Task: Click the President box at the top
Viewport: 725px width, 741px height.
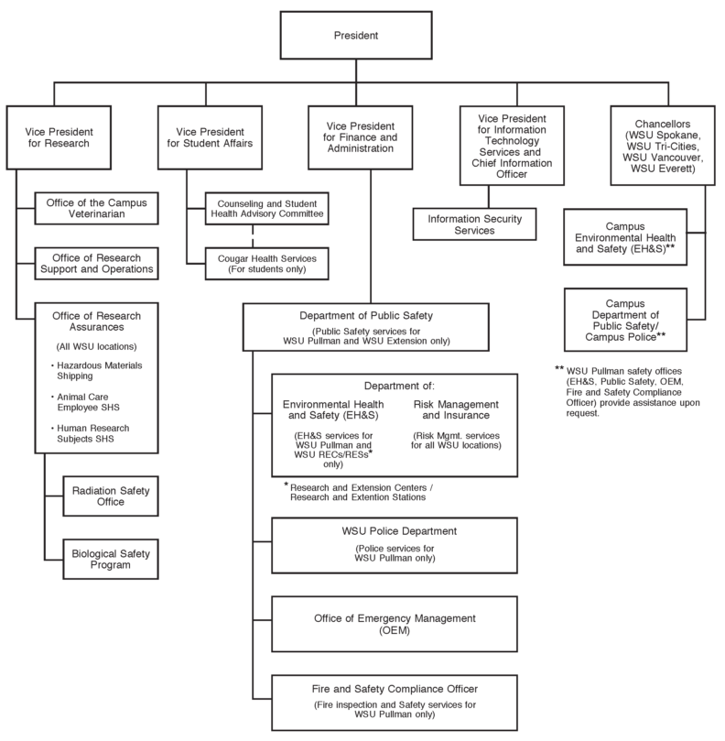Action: tap(362, 38)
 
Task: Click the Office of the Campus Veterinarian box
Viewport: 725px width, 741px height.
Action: tap(95, 208)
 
